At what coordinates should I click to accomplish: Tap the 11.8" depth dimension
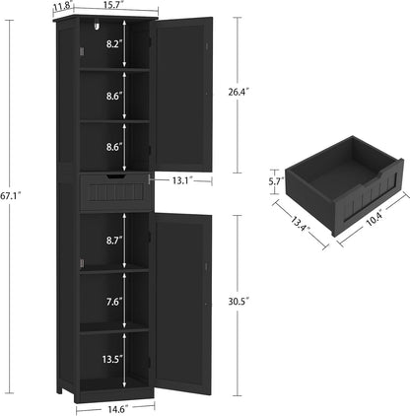(x=63, y=6)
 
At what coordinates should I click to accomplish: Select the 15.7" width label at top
(x=114, y=6)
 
